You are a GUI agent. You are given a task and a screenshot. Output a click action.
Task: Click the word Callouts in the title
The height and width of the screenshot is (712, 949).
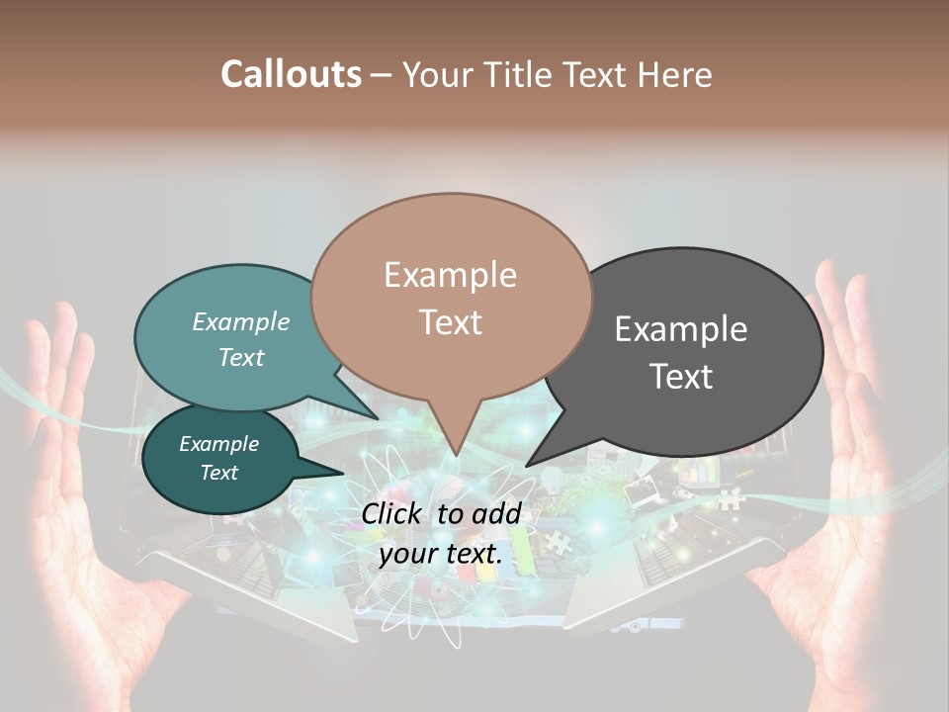[x=291, y=74]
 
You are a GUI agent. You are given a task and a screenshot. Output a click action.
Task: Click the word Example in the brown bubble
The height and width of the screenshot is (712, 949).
[x=450, y=275]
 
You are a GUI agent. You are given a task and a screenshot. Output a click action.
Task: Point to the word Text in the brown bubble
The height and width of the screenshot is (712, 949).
[x=450, y=322]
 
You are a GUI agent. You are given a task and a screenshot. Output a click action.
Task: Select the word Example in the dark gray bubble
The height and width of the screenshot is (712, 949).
[x=681, y=329]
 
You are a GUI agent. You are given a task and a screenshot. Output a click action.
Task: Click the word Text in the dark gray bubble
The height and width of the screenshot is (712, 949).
[x=681, y=377]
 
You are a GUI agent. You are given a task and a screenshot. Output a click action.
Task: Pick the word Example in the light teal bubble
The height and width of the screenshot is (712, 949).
[x=241, y=322]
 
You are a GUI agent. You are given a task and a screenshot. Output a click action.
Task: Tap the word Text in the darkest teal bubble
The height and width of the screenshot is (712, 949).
[x=218, y=473]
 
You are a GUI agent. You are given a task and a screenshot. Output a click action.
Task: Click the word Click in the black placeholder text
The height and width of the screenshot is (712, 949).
[x=393, y=513]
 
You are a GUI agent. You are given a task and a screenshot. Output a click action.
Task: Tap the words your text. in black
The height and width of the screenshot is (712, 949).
[x=441, y=555]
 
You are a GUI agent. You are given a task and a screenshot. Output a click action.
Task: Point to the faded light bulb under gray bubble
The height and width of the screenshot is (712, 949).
[x=555, y=481]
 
